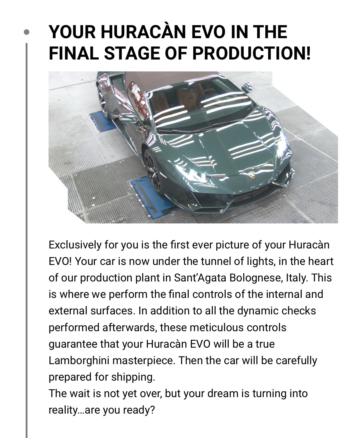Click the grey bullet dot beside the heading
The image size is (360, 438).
pos(27,32)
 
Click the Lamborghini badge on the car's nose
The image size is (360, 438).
pos(252,175)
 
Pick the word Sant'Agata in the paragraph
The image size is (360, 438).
pos(200,278)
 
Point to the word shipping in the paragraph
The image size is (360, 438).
pos(133,377)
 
